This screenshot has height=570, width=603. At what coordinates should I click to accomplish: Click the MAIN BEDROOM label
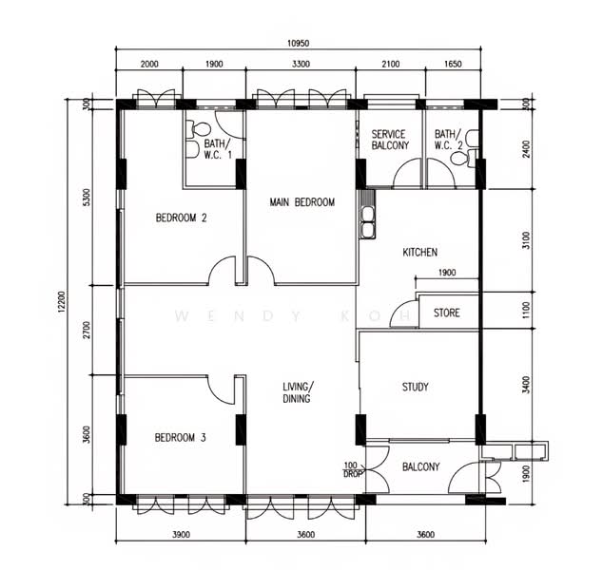point(302,202)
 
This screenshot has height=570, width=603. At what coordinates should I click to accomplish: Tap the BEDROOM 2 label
point(181,218)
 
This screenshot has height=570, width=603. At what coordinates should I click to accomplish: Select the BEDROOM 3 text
point(181,438)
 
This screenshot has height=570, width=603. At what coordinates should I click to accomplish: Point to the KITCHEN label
point(420,253)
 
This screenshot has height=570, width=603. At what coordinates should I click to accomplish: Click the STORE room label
point(447,313)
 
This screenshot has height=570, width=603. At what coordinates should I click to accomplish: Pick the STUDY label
point(416,387)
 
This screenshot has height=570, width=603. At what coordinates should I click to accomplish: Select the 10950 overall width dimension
point(298,44)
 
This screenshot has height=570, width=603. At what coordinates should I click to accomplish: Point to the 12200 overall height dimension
point(63,302)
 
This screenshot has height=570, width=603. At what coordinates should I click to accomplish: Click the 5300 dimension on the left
point(87,197)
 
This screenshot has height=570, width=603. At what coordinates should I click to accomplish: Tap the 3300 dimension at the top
point(301,64)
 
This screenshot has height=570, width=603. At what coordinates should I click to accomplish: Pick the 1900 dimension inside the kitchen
point(447,273)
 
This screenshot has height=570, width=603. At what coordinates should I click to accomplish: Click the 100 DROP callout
point(352,469)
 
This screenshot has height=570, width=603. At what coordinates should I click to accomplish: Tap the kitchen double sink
point(368,223)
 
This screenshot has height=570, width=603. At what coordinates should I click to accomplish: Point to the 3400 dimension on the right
point(527,385)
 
